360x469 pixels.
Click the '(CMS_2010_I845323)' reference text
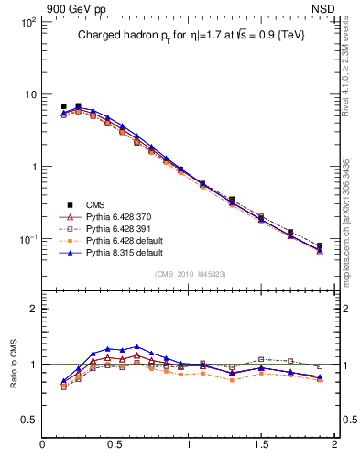pos(189,273)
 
